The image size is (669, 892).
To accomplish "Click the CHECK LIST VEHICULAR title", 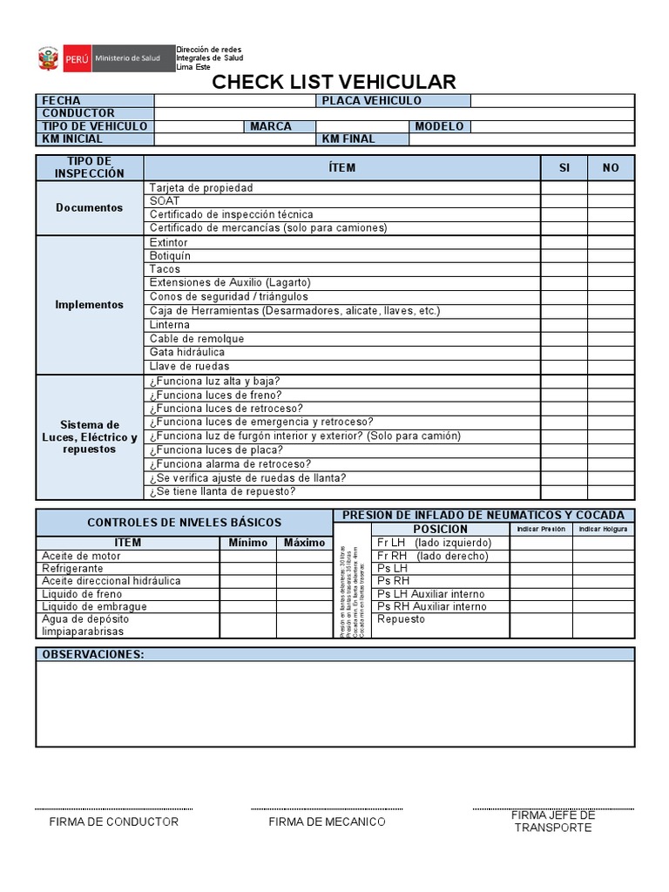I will (x=334, y=82).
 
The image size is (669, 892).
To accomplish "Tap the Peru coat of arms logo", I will (x=46, y=58).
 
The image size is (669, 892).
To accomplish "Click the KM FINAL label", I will (x=348, y=139).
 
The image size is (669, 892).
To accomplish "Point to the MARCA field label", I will (x=270, y=126).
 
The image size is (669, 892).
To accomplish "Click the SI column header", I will (x=564, y=168).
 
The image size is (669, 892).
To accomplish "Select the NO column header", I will (x=611, y=168).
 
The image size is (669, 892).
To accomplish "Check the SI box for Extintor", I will (x=564, y=242).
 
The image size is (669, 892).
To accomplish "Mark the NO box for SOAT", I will (x=611, y=201).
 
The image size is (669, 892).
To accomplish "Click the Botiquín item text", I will (x=170, y=256).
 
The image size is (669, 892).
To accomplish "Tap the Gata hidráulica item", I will (x=186, y=352).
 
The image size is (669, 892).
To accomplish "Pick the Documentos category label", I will (x=89, y=208).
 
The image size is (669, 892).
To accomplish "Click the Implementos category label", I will (x=89, y=305).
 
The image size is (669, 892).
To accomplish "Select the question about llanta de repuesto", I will (x=222, y=491).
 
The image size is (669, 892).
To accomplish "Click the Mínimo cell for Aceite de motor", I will (x=247, y=556).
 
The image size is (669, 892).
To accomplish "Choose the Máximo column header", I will (x=303, y=543).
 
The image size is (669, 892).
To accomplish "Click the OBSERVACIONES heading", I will (x=93, y=654).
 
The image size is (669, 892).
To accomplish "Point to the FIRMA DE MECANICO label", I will (x=327, y=821).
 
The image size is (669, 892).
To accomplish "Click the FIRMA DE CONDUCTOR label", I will (x=114, y=821).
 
